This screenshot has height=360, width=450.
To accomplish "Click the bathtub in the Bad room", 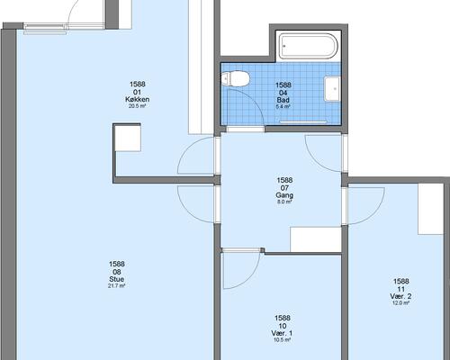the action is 309,46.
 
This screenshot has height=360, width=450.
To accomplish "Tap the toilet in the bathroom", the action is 236,79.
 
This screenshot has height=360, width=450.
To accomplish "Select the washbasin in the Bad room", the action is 332,89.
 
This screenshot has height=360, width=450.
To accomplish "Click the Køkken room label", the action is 138,99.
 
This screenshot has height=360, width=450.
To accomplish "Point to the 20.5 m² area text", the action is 138,106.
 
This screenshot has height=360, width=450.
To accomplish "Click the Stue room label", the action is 116,279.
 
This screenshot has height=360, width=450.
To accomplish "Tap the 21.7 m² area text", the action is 116,286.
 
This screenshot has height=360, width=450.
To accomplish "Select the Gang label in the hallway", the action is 284,195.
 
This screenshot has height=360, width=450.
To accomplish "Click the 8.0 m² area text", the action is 284,202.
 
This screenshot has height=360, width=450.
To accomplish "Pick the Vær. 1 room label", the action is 282,333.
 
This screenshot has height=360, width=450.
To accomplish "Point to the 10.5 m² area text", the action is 282,340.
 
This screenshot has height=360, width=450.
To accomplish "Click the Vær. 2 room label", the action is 400,296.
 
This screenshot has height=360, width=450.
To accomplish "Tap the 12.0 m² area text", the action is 400,303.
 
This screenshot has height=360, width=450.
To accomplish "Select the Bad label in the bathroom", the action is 283,100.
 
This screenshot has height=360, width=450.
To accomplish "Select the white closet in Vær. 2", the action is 431,209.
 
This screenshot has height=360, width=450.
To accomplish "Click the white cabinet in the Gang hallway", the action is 316,239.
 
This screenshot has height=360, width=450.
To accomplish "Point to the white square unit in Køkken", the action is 128,139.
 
